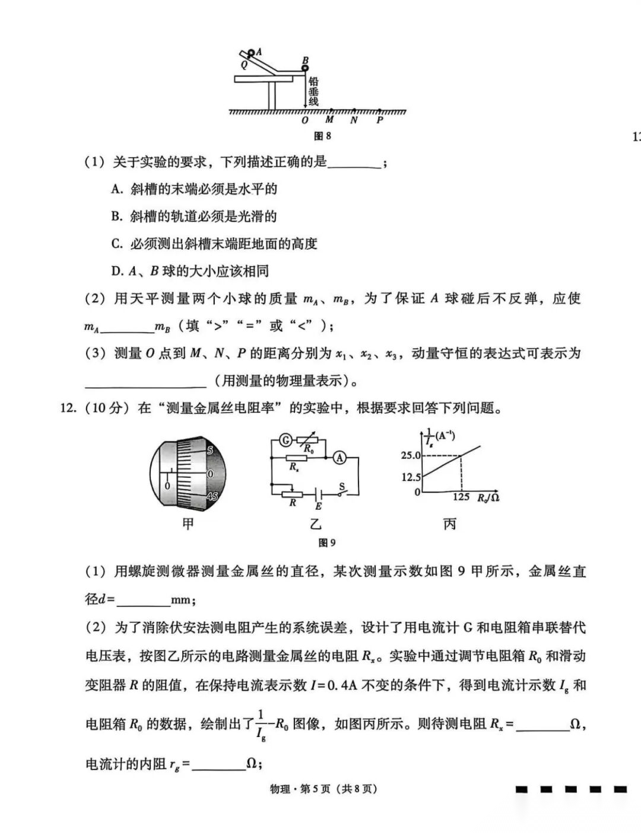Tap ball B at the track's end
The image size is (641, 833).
pyautogui.click(x=305, y=68)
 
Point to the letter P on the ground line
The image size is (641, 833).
pyautogui.click(x=380, y=120)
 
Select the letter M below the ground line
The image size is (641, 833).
pyautogui.click(x=329, y=120)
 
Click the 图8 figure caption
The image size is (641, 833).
pyautogui.click(x=322, y=136)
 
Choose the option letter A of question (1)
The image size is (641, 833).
pyautogui.click(x=116, y=190)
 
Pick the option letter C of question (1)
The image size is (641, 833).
pyautogui.click(x=116, y=244)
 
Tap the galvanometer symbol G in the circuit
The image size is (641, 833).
pyautogui.click(x=285, y=440)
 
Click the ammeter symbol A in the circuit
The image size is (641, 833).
pyautogui.click(x=339, y=457)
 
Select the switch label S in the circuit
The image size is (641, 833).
pyautogui.click(x=342, y=486)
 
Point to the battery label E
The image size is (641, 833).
pyautogui.click(x=319, y=506)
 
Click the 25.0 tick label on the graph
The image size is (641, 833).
pyautogui.click(x=410, y=455)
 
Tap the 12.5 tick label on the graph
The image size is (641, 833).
pyautogui.click(x=410, y=477)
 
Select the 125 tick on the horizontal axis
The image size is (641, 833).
pyautogui.click(x=461, y=497)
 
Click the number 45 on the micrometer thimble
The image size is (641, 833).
pyautogui.click(x=212, y=496)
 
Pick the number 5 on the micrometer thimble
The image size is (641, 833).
pyautogui.click(x=210, y=451)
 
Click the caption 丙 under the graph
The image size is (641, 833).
pyautogui.click(x=450, y=524)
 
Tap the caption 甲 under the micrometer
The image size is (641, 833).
pyautogui.click(x=188, y=524)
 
